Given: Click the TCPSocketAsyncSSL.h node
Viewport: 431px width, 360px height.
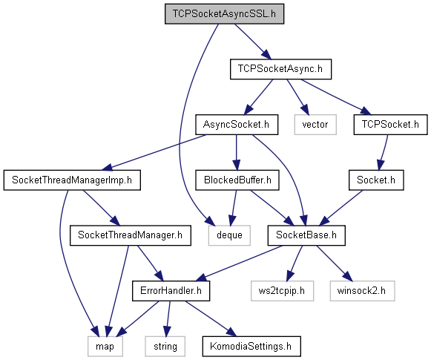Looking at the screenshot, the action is [224, 14].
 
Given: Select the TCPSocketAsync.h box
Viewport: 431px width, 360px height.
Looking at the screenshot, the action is [280, 69].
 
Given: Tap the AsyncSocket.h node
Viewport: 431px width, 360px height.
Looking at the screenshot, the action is [237, 125].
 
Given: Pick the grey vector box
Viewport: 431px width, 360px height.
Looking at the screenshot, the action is [315, 125].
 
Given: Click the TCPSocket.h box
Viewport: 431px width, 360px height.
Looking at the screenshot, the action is [391, 125].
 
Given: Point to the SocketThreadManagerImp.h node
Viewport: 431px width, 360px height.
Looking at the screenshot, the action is [72, 180].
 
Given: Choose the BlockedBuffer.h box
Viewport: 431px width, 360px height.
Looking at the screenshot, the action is [237, 180].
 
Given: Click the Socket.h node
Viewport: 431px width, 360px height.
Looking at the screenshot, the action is [376, 180].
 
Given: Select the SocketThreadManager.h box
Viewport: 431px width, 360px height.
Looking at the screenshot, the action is [131, 235].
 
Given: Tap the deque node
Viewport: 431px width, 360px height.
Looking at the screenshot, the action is [229, 235].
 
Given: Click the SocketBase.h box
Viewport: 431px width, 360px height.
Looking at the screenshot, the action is [306, 235].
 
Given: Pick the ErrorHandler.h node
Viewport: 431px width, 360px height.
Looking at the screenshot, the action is [171, 291].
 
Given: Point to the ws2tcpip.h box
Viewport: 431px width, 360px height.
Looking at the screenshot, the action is [282, 291].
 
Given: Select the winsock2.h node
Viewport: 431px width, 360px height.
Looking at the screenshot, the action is [362, 291].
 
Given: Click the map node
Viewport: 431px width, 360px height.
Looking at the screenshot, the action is [105, 346].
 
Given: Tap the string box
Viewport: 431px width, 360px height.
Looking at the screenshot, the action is [165, 346].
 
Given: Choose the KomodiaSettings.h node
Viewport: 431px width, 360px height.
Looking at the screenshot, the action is [251, 346].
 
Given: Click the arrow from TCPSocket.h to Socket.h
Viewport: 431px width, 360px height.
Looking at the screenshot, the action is [384, 152].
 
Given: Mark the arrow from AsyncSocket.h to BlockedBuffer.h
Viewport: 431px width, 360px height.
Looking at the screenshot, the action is [237, 152].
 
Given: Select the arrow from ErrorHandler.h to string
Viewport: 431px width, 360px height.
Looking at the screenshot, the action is [168, 318].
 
